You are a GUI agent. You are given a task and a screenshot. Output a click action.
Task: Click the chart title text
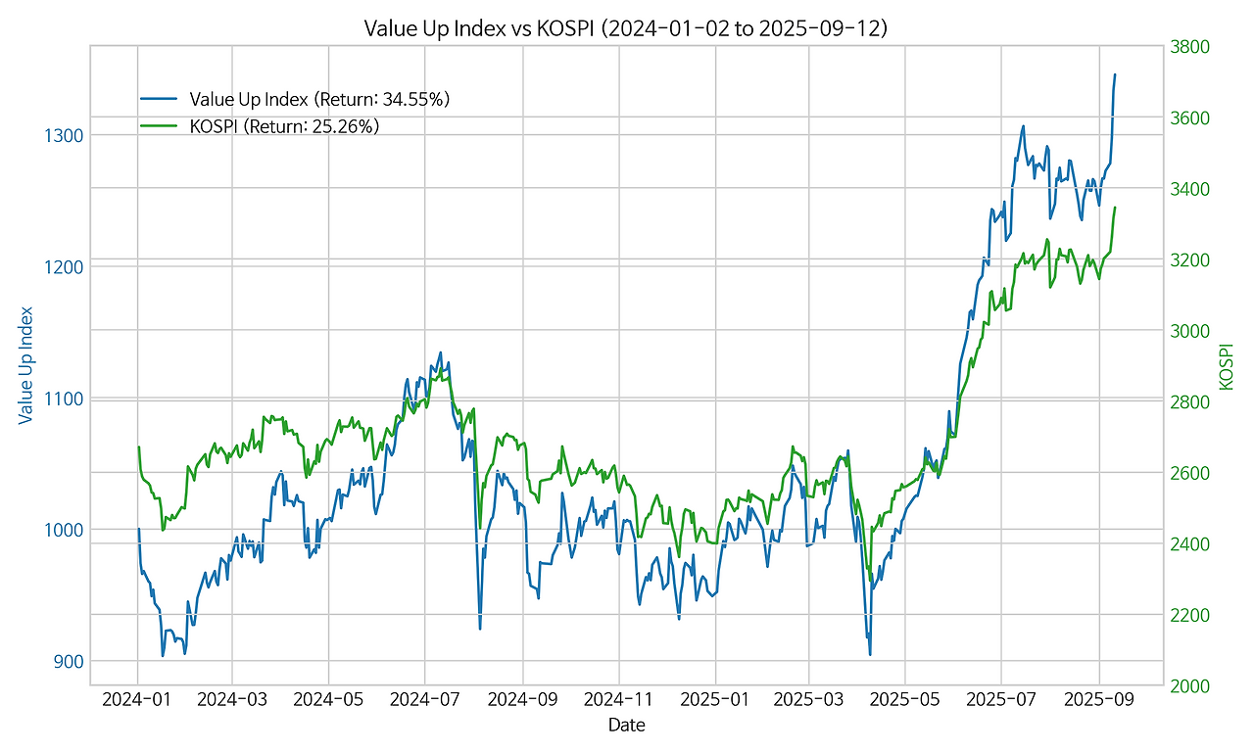point(626,28)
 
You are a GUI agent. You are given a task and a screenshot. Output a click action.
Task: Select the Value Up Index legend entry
point(319,99)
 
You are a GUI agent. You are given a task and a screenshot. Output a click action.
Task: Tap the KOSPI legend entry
point(284,126)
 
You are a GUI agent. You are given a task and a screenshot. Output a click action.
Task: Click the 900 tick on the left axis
point(68,662)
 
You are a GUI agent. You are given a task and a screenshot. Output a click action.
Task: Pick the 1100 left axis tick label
point(64,399)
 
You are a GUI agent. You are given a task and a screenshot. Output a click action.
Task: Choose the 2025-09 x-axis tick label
point(1098,701)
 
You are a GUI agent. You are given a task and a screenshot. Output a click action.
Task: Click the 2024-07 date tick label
point(425,701)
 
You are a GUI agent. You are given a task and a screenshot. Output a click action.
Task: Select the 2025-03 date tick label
point(809,701)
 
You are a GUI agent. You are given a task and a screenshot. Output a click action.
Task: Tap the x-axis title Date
point(626,726)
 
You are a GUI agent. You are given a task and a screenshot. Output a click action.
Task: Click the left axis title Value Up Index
point(26,365)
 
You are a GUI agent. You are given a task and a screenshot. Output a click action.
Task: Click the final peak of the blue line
point(1114,74)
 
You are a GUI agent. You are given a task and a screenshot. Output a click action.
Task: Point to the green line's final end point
point(1115,208)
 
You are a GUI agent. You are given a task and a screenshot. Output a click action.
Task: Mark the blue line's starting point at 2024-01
point(138,529)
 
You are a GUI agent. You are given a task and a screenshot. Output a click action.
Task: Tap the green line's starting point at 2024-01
point(138,446)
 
